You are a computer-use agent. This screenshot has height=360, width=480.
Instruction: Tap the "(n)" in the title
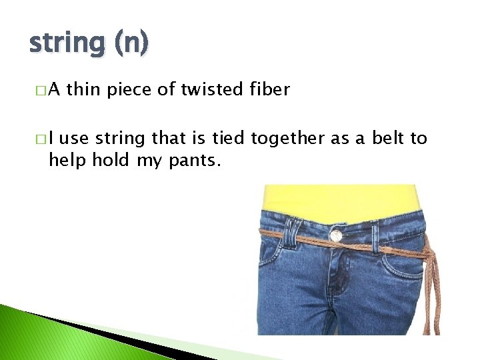[x=130, y=44]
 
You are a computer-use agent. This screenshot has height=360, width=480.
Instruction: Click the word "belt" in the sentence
[x=390, y=138]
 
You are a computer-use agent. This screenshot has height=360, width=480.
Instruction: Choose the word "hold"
[x=113, y=160]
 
